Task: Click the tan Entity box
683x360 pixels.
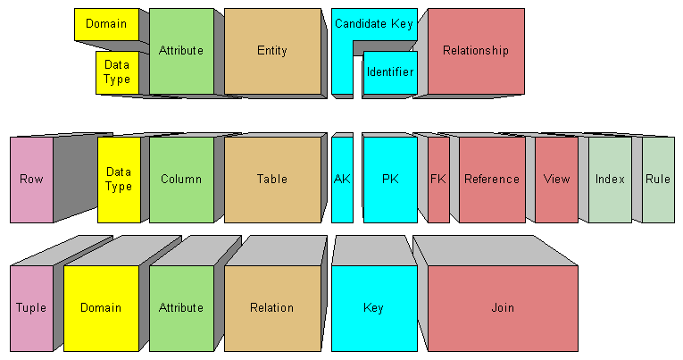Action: click(x=272, y=51)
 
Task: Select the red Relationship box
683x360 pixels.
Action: click(x=476, y=51)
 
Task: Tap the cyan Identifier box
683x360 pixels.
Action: click(x=390, y=71)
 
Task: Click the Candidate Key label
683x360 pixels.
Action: click(x=373, y=24)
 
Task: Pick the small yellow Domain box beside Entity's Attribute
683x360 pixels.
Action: click(x=106, y=24)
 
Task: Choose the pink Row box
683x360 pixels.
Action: click(x=31, y=179)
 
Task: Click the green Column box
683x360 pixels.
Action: click(x=181, y=179)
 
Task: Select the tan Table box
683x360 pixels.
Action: click(x=272, y=179)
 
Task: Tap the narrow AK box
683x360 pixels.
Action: click(x=342, y=179)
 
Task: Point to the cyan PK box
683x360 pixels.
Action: click(x=390, y=179)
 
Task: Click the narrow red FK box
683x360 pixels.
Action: click(x=438, y=179)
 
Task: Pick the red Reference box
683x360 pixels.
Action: click(x=492, y=179)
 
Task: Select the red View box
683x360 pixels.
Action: click(x=556, y=179)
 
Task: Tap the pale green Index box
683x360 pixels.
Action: click(x=610, y=179)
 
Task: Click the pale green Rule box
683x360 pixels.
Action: click(x=658, y=179)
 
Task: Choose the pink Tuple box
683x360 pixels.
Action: click(x=31, y=307)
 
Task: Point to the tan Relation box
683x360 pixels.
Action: click(x=272, y=307)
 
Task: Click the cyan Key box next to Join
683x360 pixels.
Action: click(x=374, y=307)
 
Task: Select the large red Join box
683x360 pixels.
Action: click(x=503, y=307)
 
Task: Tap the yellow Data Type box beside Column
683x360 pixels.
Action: click(x=119, y=179)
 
